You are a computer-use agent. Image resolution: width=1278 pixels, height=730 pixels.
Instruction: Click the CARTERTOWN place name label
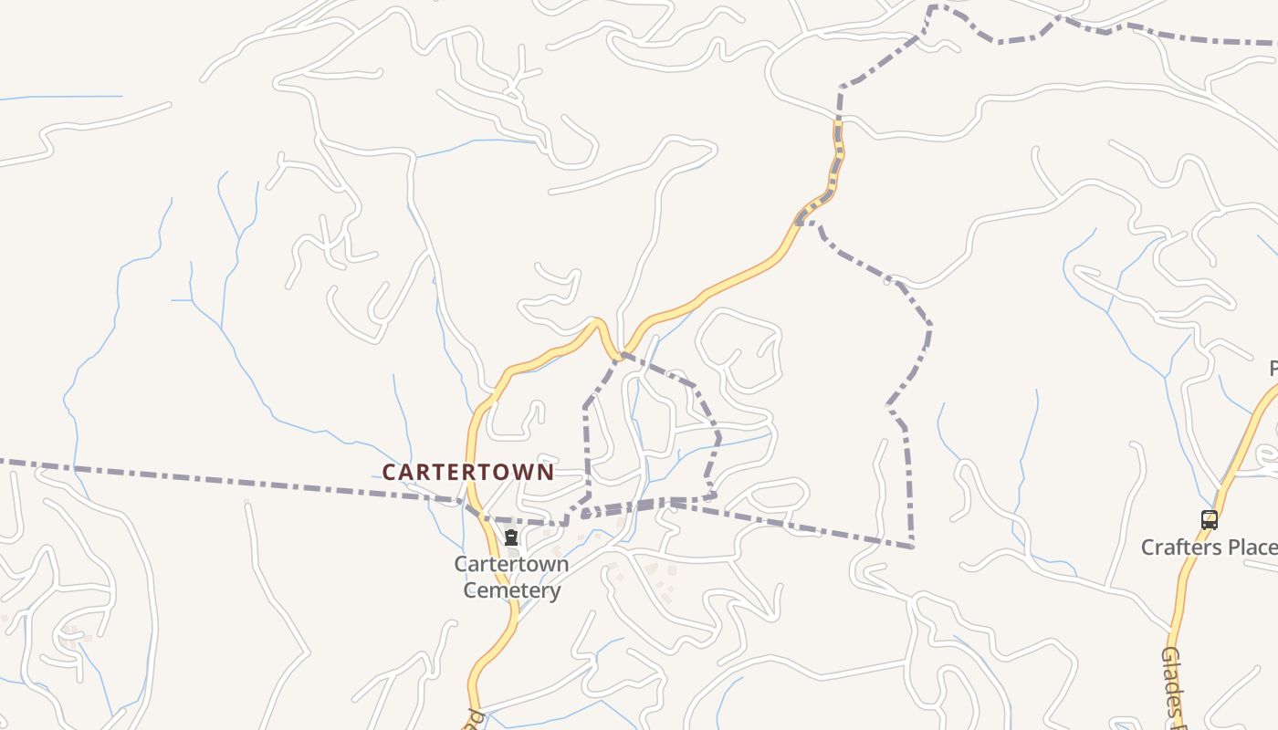467,472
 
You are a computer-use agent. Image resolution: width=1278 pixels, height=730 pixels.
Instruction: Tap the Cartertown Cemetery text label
511,577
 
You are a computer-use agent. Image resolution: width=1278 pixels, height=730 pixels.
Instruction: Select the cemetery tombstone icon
511,538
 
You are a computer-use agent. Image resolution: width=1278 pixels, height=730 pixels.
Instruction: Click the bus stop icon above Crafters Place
1209,520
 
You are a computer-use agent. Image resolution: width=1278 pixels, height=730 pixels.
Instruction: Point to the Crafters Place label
1209,547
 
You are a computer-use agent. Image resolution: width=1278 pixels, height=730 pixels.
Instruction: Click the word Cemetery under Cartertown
511,590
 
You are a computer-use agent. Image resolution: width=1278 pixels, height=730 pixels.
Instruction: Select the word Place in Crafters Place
1251,547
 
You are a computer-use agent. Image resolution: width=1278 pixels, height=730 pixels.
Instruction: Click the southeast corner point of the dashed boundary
912,547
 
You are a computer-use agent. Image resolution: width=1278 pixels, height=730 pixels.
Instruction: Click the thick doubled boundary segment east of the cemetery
639,505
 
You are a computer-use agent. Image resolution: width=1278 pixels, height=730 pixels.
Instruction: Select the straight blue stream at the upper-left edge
64,97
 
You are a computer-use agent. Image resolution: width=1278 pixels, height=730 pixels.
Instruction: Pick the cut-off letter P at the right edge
1273,369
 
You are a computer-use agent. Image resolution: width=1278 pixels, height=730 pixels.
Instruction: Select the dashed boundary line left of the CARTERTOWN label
228,478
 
